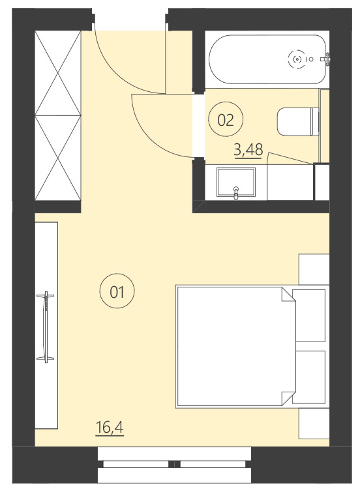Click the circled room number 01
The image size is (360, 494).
click(117, 291)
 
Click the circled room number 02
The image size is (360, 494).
click(226, 119)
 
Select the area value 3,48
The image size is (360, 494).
click(248, 150)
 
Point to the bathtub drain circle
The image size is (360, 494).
click(297, 59)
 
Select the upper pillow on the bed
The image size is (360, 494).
click(309, 315)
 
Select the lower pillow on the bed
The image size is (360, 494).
click(309, 377)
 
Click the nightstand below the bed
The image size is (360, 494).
click(314, 424)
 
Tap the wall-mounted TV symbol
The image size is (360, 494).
click(46, 327)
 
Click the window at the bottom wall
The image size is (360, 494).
click(174, 464)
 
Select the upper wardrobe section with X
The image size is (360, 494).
click(58, 72)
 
